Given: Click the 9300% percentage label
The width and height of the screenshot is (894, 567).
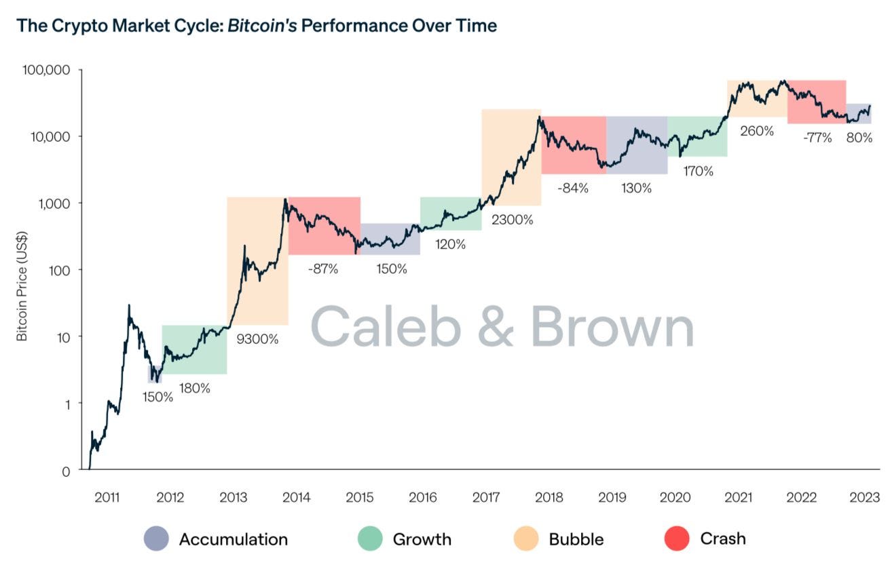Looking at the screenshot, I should click(x=257, y=339).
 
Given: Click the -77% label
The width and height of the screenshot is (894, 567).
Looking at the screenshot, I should click(x=817, y=138).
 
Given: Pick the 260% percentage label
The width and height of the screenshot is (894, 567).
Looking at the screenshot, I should click(x=756, y=131).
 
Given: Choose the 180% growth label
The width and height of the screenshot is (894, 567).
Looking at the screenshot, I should click(x=194, y=389).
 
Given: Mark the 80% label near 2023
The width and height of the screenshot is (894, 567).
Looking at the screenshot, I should click(x=859, y=138).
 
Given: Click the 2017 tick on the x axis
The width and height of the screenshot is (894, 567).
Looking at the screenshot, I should click(x=486, y=498).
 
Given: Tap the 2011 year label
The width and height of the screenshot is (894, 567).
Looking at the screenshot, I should click(x=107, y=498).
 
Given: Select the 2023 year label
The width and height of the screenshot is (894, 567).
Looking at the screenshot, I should click(x=865, y=498).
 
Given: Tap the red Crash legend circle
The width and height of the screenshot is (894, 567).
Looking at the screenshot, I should click(x=677, y=539).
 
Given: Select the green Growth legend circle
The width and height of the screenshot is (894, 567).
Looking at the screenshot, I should click(x=370, y=539).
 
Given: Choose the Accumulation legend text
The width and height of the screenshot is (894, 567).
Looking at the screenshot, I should click(x=233, y=539).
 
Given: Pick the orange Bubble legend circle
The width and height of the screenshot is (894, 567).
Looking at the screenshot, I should click(x=525, y=539).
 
